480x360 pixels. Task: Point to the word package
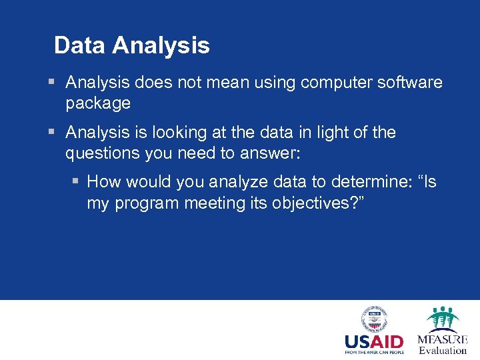tap(97, 104)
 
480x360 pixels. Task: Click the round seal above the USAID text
tap(374, 319)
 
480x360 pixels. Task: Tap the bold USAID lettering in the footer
tap(373, 342)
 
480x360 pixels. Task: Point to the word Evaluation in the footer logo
tap(443, 351)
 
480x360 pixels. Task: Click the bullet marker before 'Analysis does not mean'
tap(52, 83)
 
